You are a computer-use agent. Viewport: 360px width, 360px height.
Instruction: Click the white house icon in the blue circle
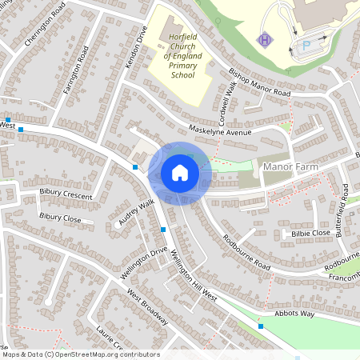point(180,173)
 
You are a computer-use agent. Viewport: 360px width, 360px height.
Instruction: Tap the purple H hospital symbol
point(264,39)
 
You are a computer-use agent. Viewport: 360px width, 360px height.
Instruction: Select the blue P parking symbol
point(304,46)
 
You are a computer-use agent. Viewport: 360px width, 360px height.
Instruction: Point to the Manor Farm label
point(290,166)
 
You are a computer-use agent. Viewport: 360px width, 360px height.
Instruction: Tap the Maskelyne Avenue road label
point(220,131)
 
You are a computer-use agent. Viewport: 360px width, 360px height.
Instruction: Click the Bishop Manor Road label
point(259,83)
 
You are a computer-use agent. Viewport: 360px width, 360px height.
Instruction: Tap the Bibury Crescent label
point(66,194)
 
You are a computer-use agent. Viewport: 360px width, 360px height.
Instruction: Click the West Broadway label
point(147,307)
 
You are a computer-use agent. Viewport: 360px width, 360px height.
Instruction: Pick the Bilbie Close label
point(310,233)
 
